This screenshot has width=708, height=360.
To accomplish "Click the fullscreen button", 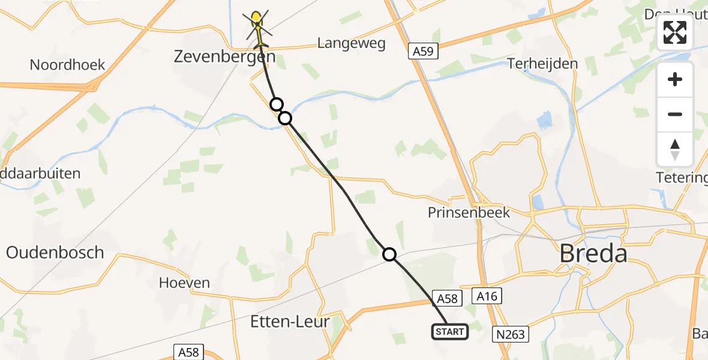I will [x=675, y=32].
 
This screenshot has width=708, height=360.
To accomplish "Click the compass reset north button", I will [x=675, y=149].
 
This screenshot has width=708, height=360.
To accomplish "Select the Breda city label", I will [x=593, y=254].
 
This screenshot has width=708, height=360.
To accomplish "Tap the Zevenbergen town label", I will [x=224, y=58].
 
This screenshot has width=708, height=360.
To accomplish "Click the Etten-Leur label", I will [x=290, y=322].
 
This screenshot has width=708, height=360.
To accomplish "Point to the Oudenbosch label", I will [x=55, y=253].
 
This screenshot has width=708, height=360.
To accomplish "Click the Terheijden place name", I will [x=542, y=64].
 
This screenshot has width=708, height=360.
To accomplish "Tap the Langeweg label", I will [x=351, y=43].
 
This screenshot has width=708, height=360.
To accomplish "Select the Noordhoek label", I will [x=67, y=65].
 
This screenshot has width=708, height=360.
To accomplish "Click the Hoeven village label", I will [x=184, y=283].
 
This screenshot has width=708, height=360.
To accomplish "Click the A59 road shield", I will [x=423, y=52].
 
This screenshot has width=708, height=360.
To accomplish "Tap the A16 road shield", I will [x=487, y=296].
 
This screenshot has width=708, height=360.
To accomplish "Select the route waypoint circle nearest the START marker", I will [x=389, y=255].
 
